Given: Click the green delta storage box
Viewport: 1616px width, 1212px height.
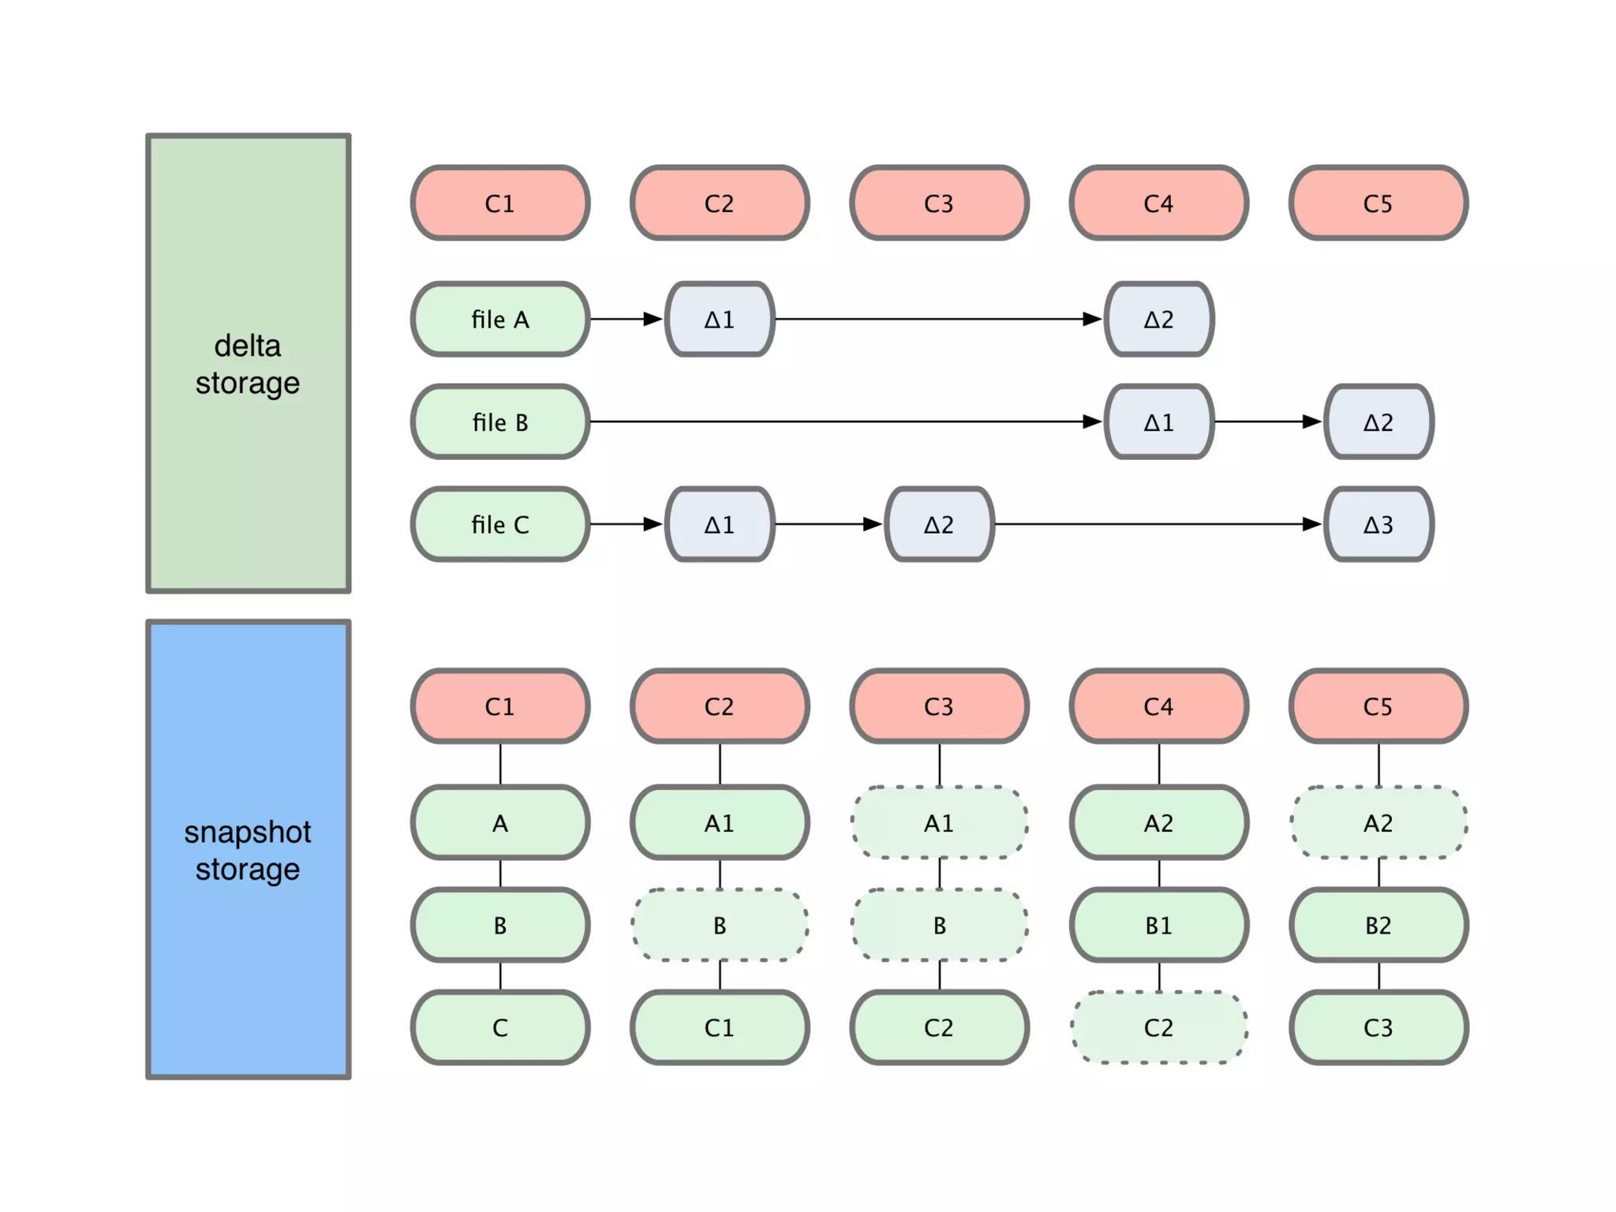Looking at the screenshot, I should pos(248,363).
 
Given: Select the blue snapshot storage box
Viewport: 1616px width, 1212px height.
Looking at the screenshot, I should pos(248,849).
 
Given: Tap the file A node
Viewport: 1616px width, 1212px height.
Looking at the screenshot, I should pos(500,319).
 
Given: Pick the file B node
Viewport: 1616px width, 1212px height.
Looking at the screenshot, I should pos(500,421).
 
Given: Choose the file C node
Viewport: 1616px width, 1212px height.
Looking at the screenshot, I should pos(500,524).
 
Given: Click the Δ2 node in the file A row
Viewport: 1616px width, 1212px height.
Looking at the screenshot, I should pos(1158,319).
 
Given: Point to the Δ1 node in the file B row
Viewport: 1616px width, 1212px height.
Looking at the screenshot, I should pos(1158,421).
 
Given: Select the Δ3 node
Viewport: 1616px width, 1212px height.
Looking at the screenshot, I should pos(1378,524).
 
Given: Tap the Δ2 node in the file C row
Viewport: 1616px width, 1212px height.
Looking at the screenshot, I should pos(939,524).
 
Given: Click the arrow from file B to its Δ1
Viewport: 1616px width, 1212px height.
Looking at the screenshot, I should pos(844,421).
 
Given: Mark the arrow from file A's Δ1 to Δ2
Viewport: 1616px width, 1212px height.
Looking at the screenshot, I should pos(939,319).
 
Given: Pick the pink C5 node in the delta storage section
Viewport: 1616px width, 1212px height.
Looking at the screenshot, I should pos(1378,203).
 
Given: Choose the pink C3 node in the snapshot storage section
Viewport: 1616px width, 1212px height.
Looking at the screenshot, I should pos(939,705).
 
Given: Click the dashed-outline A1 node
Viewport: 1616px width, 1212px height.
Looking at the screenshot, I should pos(939,822).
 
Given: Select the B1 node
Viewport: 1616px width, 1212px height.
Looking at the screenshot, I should pos(1158,925).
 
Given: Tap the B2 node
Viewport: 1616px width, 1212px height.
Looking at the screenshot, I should pos(1378,925).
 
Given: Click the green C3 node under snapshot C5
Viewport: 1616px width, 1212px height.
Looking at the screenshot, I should pos(1378,1027).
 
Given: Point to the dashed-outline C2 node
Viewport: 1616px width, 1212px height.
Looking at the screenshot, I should pos(1158,1027).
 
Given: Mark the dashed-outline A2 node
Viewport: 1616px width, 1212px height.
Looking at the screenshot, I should pos(1378,822).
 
